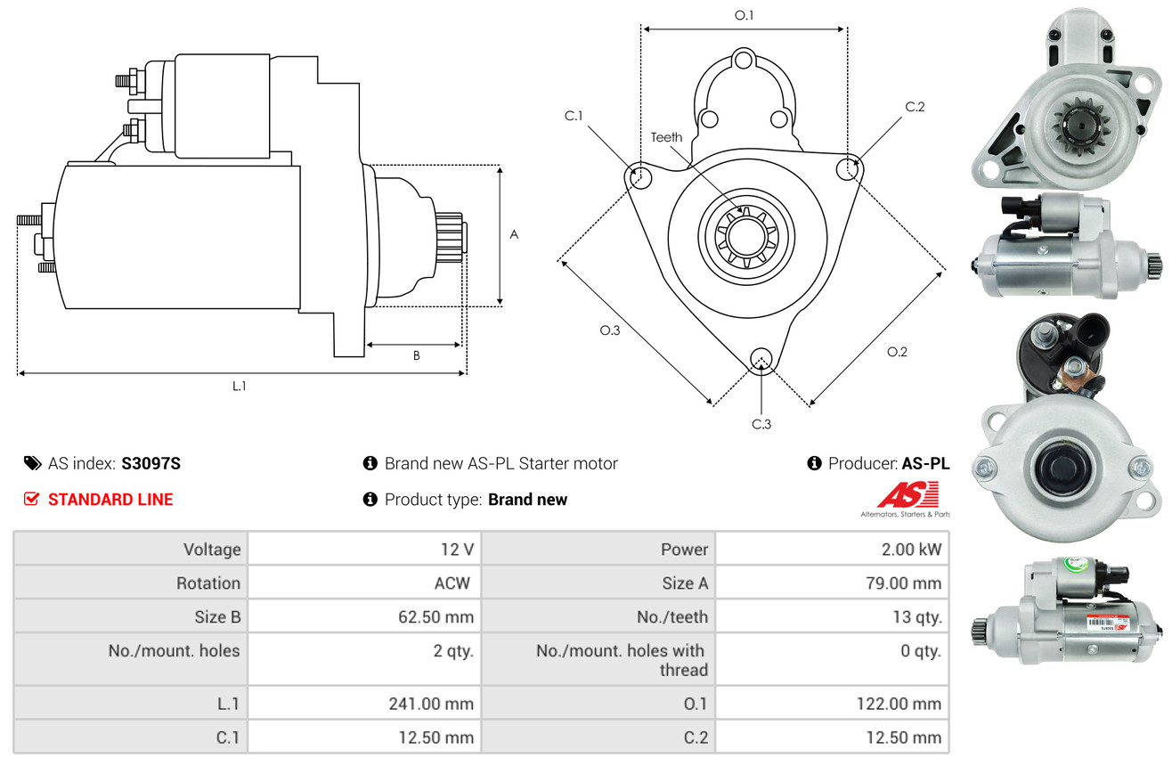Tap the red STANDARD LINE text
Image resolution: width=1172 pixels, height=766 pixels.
click(x=110, y=500)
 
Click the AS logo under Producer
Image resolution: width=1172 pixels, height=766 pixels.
click(x=907, y=496)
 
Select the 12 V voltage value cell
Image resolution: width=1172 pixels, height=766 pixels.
click(x=455, y=550)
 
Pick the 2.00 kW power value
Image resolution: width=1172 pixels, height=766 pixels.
click(x=910, y=550)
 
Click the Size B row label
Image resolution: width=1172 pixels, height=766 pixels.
click(x=217, y=616)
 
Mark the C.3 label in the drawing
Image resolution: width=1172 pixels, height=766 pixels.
click(x=761, y=424)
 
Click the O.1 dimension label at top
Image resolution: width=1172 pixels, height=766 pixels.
click(x=744, y=15)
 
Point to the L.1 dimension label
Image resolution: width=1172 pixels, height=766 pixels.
click(x=239, y=387)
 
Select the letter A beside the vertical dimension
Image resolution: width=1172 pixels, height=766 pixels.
click(x=514, y=235)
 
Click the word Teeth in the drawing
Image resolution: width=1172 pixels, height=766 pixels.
click(x=666, y=137)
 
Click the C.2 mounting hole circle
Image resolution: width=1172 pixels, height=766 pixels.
click(x=849, y=167)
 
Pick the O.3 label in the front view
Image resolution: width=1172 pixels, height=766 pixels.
click(x=609, y=330)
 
